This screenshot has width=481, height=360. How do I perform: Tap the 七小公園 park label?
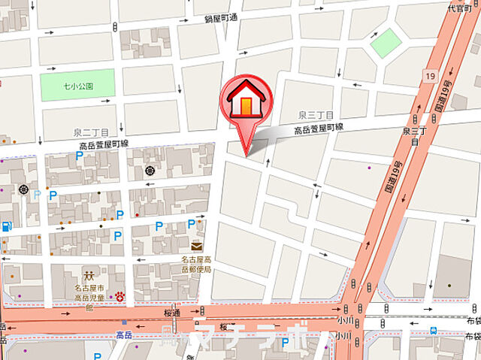[78, 86]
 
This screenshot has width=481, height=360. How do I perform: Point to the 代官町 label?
[460, 9]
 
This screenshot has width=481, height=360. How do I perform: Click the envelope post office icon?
[196, 247]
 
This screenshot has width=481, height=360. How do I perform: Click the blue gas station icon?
[6, 225]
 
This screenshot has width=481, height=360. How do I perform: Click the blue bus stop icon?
[434, 329]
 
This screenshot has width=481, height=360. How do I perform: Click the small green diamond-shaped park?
[386, 43]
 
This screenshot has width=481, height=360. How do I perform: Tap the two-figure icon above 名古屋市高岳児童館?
[89, 275]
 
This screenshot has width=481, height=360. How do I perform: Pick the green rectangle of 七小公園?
[78, 84]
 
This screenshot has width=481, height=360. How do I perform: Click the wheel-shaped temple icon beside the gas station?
[26, 190]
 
